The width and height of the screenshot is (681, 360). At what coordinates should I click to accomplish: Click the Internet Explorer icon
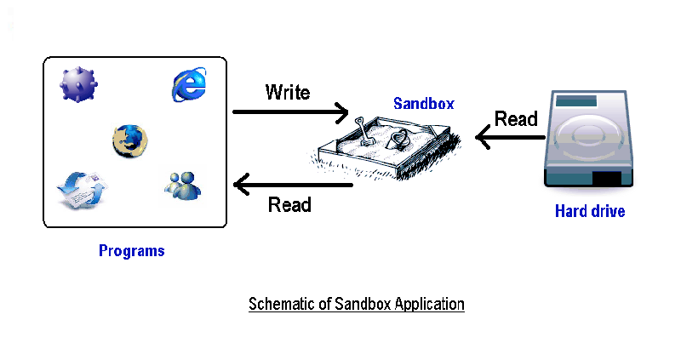tap(190, 83)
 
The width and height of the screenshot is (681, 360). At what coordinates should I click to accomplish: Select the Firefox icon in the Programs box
tap(130, 140)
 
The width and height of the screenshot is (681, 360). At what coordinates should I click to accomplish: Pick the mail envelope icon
tap(79, 188)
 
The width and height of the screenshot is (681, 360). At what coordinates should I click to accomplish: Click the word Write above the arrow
tap(288, 92)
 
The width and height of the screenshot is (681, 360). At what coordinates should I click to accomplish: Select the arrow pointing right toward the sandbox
tap(290, 111)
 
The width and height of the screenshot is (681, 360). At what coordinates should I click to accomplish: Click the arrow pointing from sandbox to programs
tap(293, 183)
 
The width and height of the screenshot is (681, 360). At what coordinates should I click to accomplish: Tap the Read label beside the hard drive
tap(516, 118)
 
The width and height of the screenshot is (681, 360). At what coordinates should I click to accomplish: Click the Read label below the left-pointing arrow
tap(289, 205)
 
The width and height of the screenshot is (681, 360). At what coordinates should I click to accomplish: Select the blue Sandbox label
tap(423, 104)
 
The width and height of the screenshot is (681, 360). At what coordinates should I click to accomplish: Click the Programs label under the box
tap(131, 251)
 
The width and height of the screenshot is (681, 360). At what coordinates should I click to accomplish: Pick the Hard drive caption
tap(589, 211)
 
